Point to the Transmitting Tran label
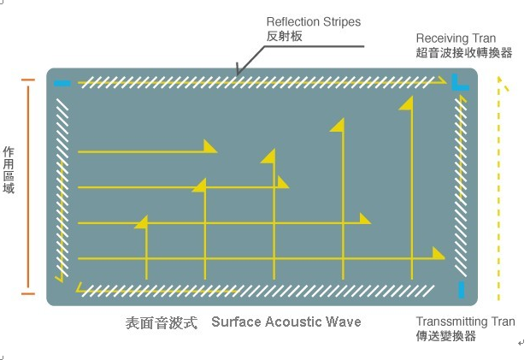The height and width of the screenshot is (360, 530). pyautogui.click(x=465, y=322)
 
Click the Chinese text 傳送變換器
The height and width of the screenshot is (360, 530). pyautogui.click(x=445, y=336)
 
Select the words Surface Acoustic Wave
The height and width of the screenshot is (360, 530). pyautogui.click(x=286, y=322)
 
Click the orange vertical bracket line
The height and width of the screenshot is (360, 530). pyautogui.click(x=28, y=186)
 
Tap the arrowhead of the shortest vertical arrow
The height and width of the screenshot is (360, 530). pyautogui.click(x=141, y=221)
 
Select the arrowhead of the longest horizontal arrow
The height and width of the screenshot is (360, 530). pyautogui.click(x=439, y=252)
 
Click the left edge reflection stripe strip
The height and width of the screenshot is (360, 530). pyautogui.click(x=62, y=188)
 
